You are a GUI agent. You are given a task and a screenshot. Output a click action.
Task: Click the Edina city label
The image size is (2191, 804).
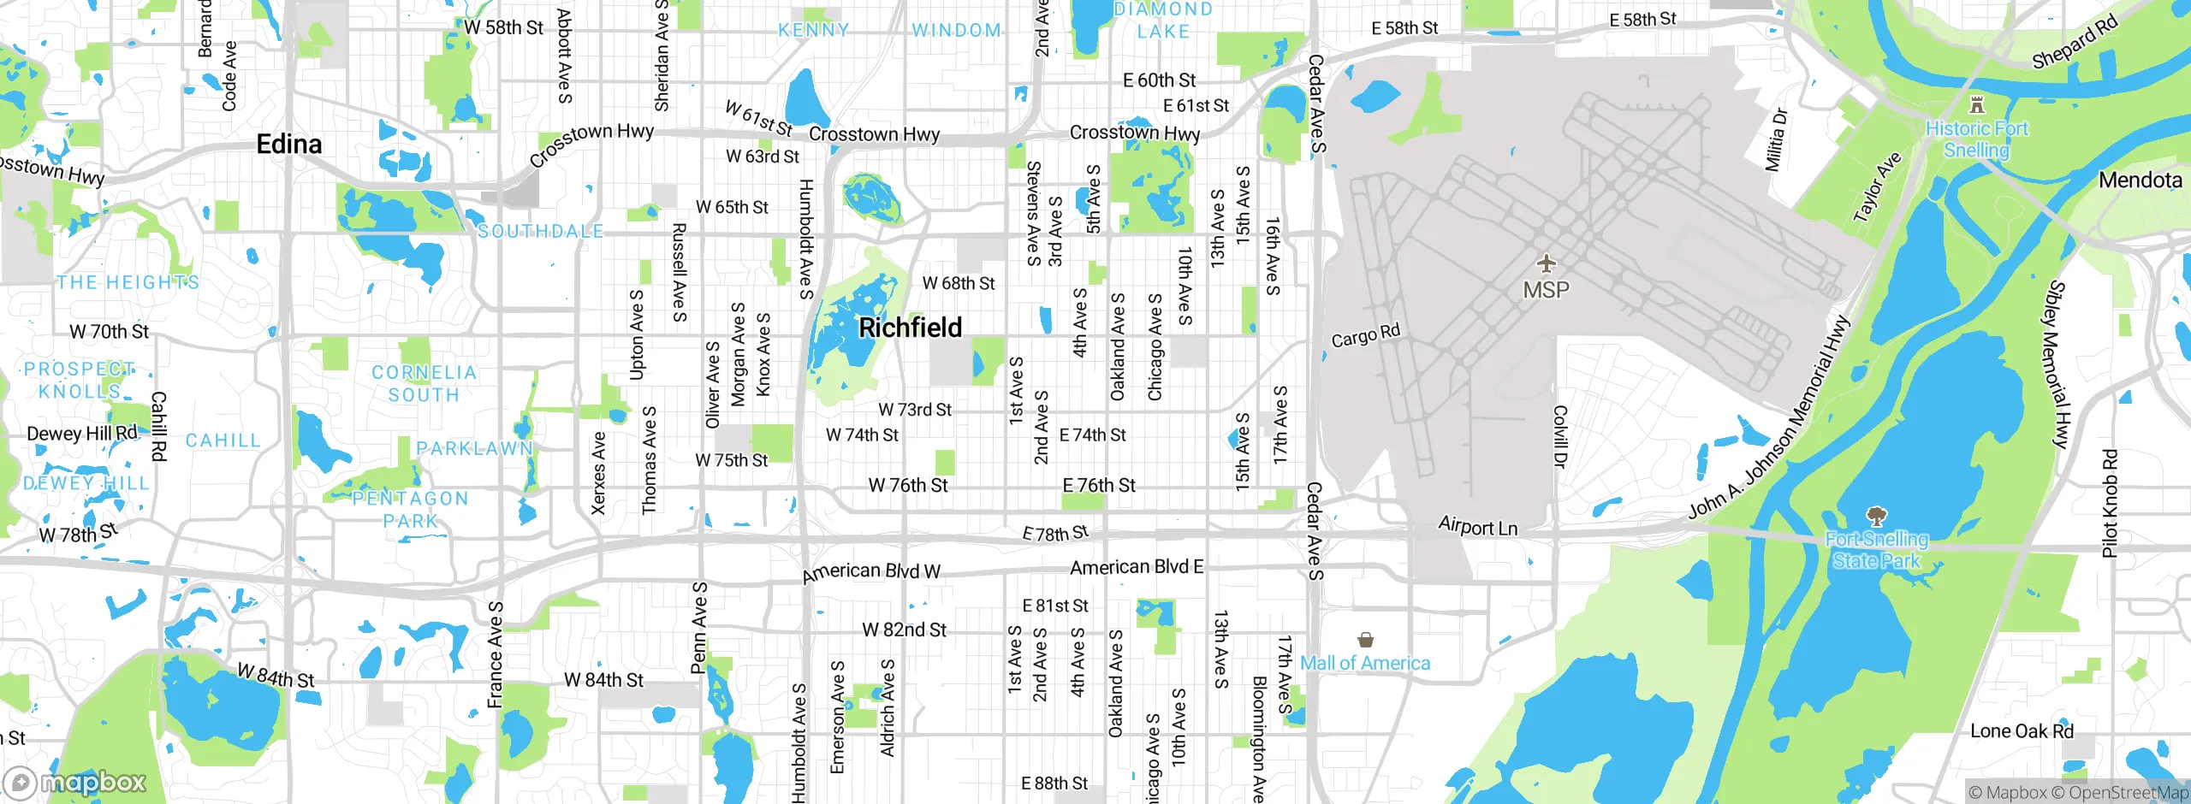289,144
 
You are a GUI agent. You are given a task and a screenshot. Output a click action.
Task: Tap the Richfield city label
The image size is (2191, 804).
910,327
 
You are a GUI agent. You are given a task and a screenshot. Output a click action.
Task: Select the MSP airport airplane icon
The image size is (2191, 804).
1546,263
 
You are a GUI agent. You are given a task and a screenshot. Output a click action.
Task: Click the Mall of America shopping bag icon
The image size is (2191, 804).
1365,640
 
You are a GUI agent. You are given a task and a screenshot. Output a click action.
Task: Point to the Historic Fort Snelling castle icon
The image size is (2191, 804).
1976,105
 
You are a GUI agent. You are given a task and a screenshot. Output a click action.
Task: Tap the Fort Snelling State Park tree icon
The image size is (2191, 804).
1876,516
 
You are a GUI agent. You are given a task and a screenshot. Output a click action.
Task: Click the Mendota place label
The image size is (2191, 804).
2140,180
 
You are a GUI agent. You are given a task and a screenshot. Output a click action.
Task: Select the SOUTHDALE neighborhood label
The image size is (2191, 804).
540,231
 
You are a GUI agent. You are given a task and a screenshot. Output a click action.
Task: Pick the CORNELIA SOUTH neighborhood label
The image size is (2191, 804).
424,383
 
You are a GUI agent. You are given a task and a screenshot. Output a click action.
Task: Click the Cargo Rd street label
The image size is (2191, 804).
1365,336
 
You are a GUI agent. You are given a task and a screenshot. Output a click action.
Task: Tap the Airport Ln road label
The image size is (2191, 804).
1477,526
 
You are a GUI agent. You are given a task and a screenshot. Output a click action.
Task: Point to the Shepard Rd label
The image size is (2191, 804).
2074,42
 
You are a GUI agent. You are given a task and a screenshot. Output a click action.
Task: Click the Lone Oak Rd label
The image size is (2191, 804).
2022,731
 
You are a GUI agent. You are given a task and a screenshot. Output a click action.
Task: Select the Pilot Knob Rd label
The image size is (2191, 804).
2110,503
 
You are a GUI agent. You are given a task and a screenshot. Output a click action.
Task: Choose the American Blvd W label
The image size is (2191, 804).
870,572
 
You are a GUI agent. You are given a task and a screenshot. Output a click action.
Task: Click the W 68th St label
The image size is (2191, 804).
958,283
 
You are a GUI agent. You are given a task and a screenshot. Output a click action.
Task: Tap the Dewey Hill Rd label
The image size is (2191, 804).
81,433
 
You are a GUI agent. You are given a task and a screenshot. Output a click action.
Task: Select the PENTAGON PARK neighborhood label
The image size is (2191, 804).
410,509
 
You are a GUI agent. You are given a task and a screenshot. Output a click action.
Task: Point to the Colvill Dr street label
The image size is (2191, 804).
1559,436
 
